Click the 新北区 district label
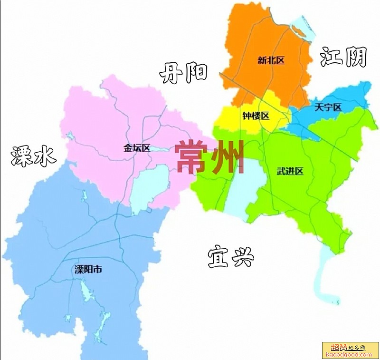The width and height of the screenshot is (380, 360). pyautogui.click(x=271, y=60)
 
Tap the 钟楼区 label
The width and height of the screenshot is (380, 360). pyautogui.click(x=256, y=116)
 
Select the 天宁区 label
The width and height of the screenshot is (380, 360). pyautogui.click(x=328, y=107)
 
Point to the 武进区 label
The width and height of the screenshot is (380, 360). pyautogui.click(x=290, y=171)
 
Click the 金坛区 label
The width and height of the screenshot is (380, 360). pyautogui.click(x=137, y=148)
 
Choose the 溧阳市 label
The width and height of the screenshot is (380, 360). pyautogui.click(x=88, y=270)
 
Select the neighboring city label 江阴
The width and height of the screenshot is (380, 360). pyautogui.click(x=343, y=57)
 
